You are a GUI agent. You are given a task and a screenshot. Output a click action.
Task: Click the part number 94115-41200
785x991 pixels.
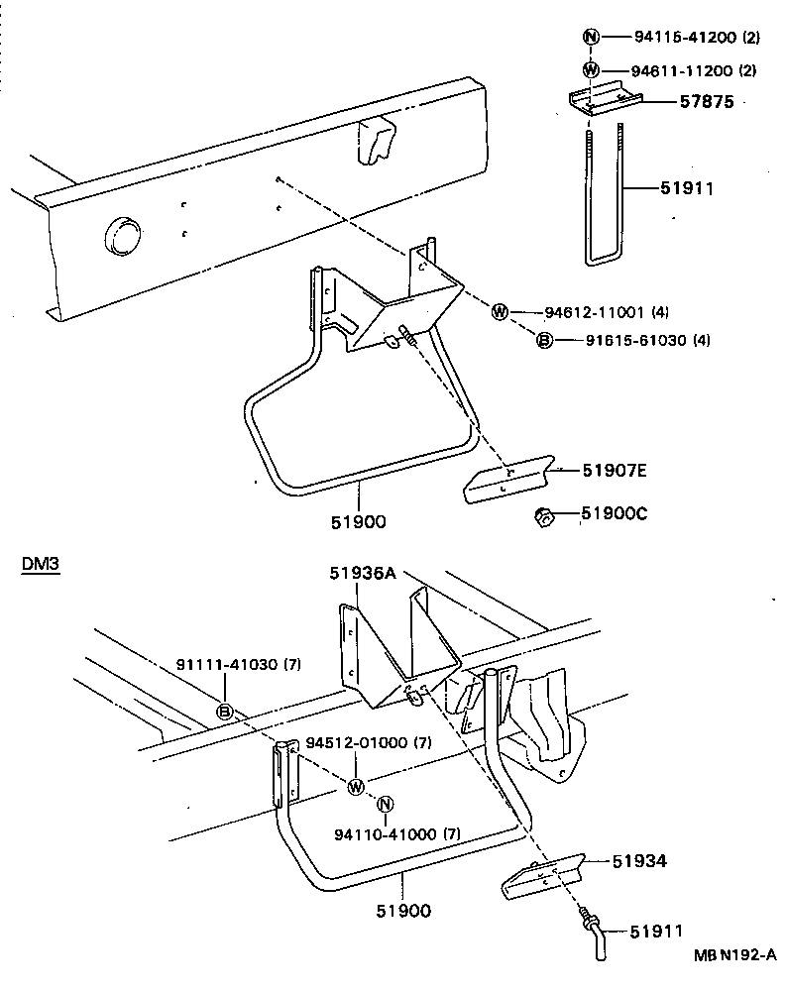pyautogui.click(x=683, y=38)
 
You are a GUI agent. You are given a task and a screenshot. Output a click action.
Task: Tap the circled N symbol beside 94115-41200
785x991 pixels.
pyautogui.click(x=591, y=38)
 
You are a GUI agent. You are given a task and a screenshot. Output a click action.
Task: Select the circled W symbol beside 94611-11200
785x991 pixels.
pyautogui.click(x=591, y=69)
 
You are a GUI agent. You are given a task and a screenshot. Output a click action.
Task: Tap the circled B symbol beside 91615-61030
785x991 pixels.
pyautogui.click(x=544, y=340)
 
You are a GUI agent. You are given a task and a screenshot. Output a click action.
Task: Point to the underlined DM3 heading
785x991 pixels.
pyautogui.click(x=41, y=565)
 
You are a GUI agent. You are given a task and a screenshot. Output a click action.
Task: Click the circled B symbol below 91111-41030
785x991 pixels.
pyautogui.click(x=225, y=711)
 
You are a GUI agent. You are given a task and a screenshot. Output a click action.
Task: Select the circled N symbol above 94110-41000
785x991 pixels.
pyautogui.click(x=386, y=804)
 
